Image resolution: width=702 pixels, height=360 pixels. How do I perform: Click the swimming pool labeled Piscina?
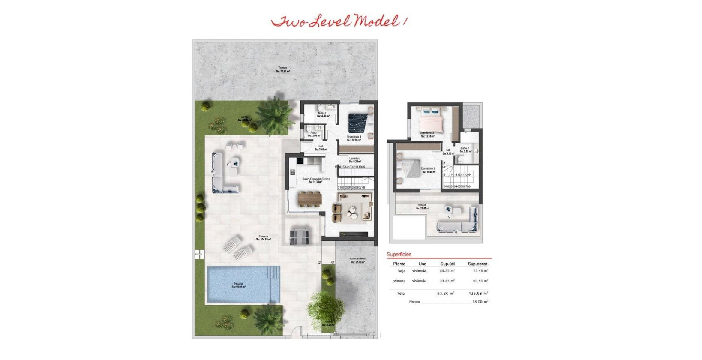pyautogui.click(x=243, y=284)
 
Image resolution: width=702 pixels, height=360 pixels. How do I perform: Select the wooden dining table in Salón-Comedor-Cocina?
pyautogui.click(x=309, y=199)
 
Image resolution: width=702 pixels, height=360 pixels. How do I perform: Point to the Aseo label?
pyautogui.click(x=313, y=133)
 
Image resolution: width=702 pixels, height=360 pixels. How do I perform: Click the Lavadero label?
pyautogui.click(x=355, y=159)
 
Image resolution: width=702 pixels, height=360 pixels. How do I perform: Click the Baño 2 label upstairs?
pyautogui.click(x=465, y=149)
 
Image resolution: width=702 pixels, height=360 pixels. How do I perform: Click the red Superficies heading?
pyautogui.click(x=399, y=255)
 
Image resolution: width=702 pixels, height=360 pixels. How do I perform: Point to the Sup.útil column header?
pyautogui.click(x=447, y=264)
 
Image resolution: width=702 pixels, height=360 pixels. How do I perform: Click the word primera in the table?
pyautogui.click(x=399, y=281)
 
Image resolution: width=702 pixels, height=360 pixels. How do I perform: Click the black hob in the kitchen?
pyautogui.click(x=299, y=161)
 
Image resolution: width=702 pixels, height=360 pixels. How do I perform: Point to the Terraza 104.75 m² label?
pyautogui.click(x=264, y=237)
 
